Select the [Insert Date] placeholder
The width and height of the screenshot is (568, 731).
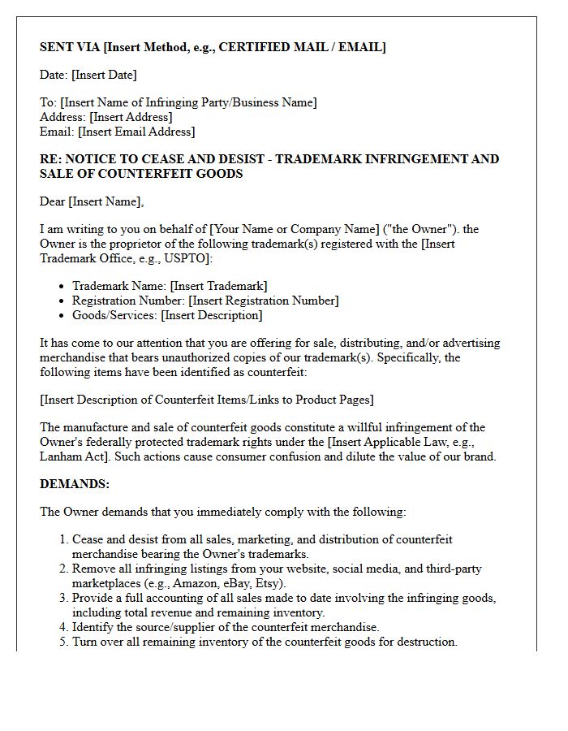[x=104, y=75]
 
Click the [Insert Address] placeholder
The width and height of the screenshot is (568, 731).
[x=131, y=117]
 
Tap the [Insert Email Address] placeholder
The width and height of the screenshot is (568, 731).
[x=136, y=132]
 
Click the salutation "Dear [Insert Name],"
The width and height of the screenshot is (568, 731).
[x=92, y=201]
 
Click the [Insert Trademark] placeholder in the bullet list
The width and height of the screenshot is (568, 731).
[x=218, y=286]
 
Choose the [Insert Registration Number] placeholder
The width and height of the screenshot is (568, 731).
[x=264, y=301]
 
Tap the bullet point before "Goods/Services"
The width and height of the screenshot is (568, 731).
[x=62, y=316]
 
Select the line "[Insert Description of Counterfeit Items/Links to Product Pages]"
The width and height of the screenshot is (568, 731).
[x=207, y=400]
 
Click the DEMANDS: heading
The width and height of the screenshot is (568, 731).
[x=75, y=484]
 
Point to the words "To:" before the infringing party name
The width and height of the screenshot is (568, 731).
[x=49, y=102]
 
